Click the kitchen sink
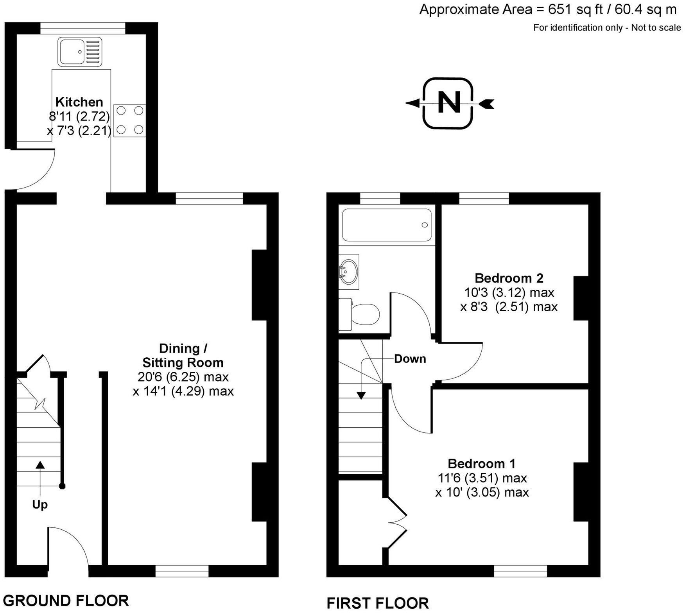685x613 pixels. [80, 52]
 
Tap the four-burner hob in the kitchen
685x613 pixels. [130, 120]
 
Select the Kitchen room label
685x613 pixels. [79, 102]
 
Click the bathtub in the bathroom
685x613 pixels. [387, 225]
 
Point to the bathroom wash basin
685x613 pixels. [349, 271]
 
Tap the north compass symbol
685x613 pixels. [448, 103]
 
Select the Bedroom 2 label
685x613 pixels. [509, 278]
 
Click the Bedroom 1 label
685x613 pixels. [481, 464]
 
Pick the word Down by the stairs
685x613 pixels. [410, 359]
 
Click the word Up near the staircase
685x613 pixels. [40, 505]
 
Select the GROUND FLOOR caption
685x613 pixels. [66, 600]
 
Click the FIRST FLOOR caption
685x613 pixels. [377, 603]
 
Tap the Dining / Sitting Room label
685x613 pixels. [183, 355]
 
